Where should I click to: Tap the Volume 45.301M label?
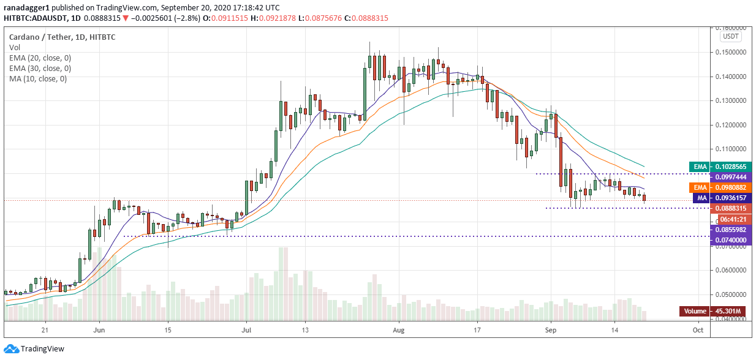tap(713, 311)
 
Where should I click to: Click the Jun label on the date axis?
tap(97, 329)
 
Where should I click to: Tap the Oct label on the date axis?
tap(697, 329)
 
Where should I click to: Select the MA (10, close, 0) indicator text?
tap(38, 78)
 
